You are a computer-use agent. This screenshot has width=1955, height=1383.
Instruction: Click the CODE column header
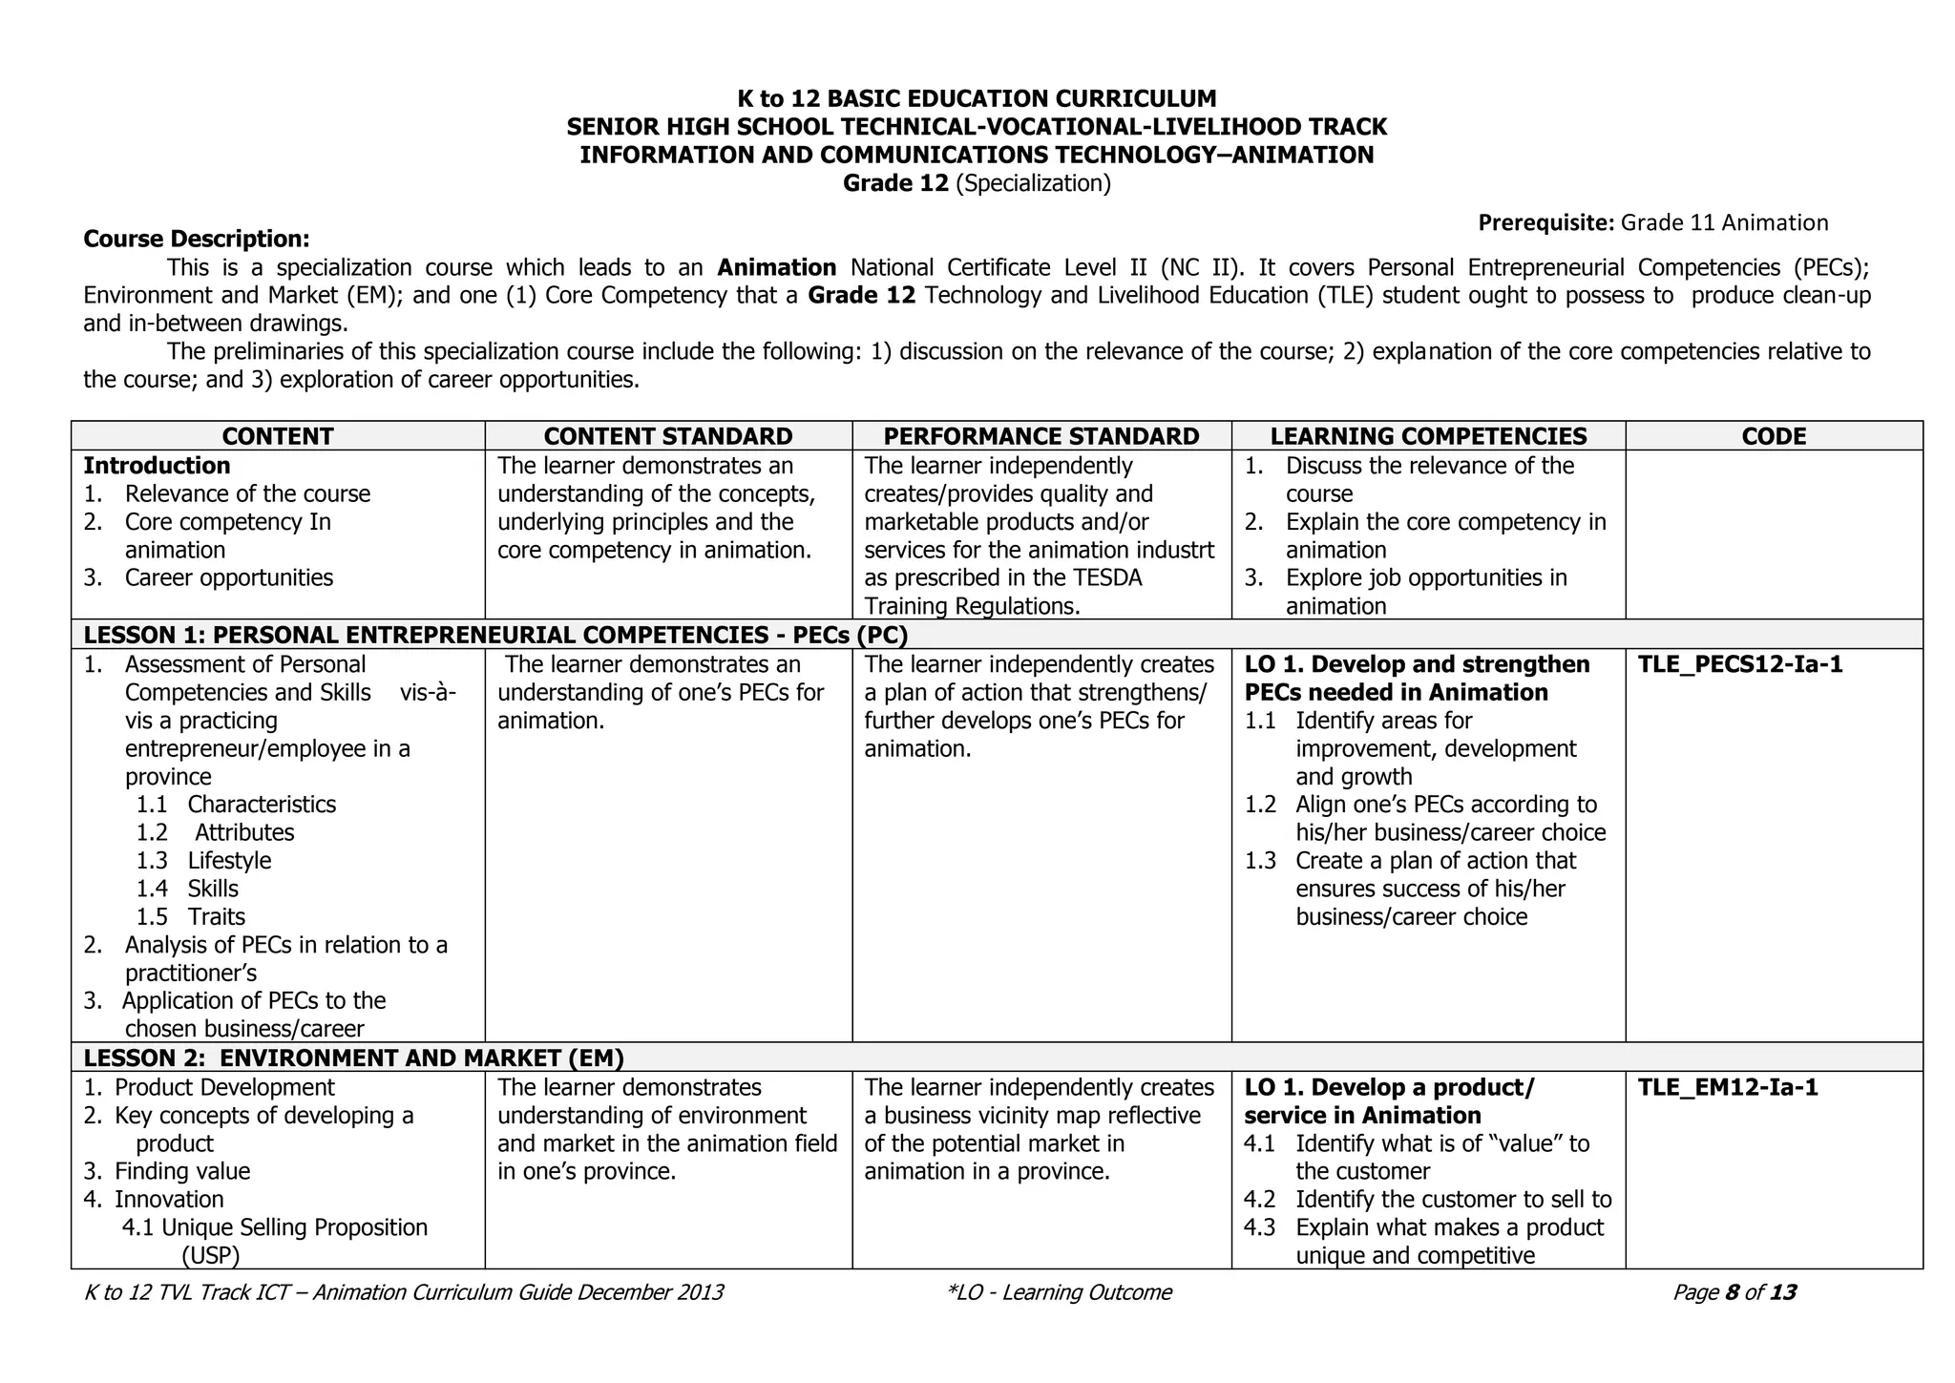pyautogui.click(x=1774, y=436)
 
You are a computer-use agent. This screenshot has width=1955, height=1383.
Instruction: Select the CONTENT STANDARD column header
pyautogui.click(x=667, y=436)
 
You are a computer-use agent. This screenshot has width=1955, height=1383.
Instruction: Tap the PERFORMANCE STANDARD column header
pyautogui.click(x=1041, y=436)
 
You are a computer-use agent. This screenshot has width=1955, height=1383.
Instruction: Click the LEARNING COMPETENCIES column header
pyautogui.click(x=1428, y=436)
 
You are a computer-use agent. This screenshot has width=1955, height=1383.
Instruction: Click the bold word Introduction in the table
pyautogui.click(x=157, y=466)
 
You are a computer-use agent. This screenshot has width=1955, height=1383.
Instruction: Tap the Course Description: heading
pyautogui.click(x=196, y=239)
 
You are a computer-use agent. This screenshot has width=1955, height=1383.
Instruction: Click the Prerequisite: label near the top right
pyautogui.click(x=1545, y=223)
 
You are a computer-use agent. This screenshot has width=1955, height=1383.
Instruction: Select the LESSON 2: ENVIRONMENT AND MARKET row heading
pyautogui.click(x=353, y=1058)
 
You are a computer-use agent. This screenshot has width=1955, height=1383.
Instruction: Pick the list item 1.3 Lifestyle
pyautogui.click(x=204, y=861)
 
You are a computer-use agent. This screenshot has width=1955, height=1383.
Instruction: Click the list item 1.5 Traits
pyautogui.click(x=191, y=917)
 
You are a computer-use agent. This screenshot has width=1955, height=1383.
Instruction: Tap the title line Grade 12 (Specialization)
pyautogui.click(x=976, y=183)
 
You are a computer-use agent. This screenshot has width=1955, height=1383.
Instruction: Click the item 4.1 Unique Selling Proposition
pyautogui.click(x=275, y=1227)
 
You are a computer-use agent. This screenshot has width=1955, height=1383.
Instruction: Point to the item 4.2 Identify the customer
pyautogui.click(x=1427, y=1200)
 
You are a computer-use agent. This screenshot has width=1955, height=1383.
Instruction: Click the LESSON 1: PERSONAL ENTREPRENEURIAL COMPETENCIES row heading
pyautogui.click(x=494, y=635)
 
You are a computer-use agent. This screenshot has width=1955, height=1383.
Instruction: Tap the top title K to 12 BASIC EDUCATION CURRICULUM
pyautogui.click(x=976, y=98)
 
